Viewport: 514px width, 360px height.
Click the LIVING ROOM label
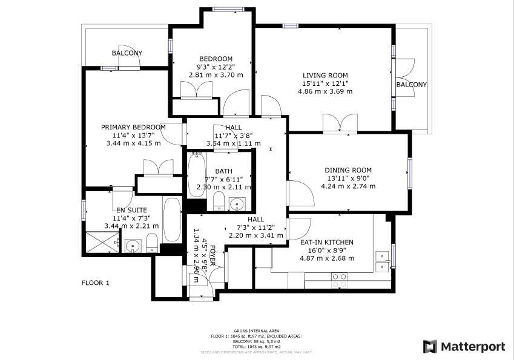[x=325, y=75]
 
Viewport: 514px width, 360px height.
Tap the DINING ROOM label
[x=348, y=170]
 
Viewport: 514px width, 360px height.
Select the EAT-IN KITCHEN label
[x=326, y=242]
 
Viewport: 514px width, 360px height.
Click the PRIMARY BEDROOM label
[x=133, y=127]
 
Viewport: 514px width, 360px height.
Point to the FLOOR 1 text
[x=96, y=283]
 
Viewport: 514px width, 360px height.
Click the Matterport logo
[x=464, y=347]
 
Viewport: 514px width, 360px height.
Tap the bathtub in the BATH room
[x=196, y=175]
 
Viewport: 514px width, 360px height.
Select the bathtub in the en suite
[x=172, y=219]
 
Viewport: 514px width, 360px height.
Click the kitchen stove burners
[x=339, y=280]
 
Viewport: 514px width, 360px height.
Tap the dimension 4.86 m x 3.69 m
[x=325, y=91]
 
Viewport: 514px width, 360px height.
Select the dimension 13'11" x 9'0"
[x=348, y=178]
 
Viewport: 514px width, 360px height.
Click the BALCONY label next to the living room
[x=411, y=85]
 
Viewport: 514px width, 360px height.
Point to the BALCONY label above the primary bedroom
[x=127, y=53]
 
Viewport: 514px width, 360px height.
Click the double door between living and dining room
[x=340, y=123]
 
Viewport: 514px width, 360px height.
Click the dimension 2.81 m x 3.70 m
[x=216, y=75]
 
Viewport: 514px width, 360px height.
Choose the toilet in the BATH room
[x=219, y=202]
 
